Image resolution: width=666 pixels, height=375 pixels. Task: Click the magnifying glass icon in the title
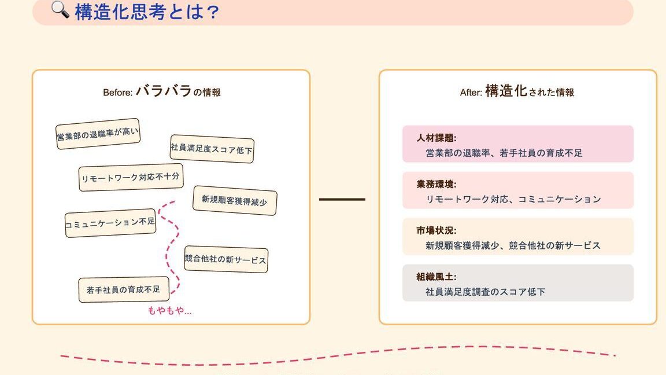pyautogui.click(x=60, y=9)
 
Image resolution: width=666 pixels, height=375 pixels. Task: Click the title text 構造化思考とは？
pyautogui.click(x=147, y=12)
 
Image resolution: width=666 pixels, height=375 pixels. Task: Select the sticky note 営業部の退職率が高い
pyautogui.click(x=98, y=134)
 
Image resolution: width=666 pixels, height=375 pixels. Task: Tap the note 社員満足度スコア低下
pyautogui.click(x=212, y=149)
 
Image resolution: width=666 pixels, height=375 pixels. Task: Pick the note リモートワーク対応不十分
pyautogui.click(x=131, y=177)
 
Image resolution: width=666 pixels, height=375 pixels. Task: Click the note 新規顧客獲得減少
pyautogui.click(x=235, y=200)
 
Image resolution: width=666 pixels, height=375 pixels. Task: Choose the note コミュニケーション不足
pyautogui.click(x=110, y=223)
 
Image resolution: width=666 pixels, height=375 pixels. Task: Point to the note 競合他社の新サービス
pyautogui.click(x=226, y=259)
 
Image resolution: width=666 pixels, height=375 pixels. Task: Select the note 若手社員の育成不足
pyautogui.click(x=124, y=289)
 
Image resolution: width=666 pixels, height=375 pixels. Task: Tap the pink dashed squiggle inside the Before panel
pyautogui.click(x=170, y=247)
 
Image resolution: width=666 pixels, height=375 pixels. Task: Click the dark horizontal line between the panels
pyautogui.click(x=342, y=200)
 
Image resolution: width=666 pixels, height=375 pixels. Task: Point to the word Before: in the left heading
pyautogui.click(x=118, y=93)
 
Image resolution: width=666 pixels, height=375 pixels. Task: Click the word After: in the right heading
pyautogui.click(x=471, y=93)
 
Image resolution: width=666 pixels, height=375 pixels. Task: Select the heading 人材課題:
pyautogui.click(x=436, y=138)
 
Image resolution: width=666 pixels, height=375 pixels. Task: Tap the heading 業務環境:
pyautogui.click(x=436, y=184)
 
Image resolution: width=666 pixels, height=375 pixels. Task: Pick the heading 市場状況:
pyautogui.click(x=436, y=230)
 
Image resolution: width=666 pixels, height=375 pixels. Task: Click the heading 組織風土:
pyautogui.click(x=436, y=277)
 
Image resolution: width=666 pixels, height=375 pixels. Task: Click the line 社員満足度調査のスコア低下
pyautogui.click(x=485, y=292)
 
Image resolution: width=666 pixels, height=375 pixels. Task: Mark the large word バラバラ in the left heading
pyautogui.click(x=164, y=90)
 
